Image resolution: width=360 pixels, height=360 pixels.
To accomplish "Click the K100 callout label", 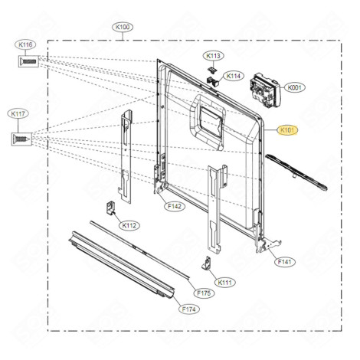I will (x=122, y=28).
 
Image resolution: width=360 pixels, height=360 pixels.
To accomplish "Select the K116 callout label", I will (x=26, y=46).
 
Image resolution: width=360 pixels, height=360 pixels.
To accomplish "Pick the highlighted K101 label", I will (x=289, y=131).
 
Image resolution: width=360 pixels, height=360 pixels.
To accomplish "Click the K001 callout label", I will (x=294, y=87).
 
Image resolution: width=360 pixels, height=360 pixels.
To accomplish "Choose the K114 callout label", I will (x=234, y=76).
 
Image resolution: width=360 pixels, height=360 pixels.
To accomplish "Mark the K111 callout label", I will (x=225, y=282).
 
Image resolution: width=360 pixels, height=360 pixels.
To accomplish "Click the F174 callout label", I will (x=188, y=309).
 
